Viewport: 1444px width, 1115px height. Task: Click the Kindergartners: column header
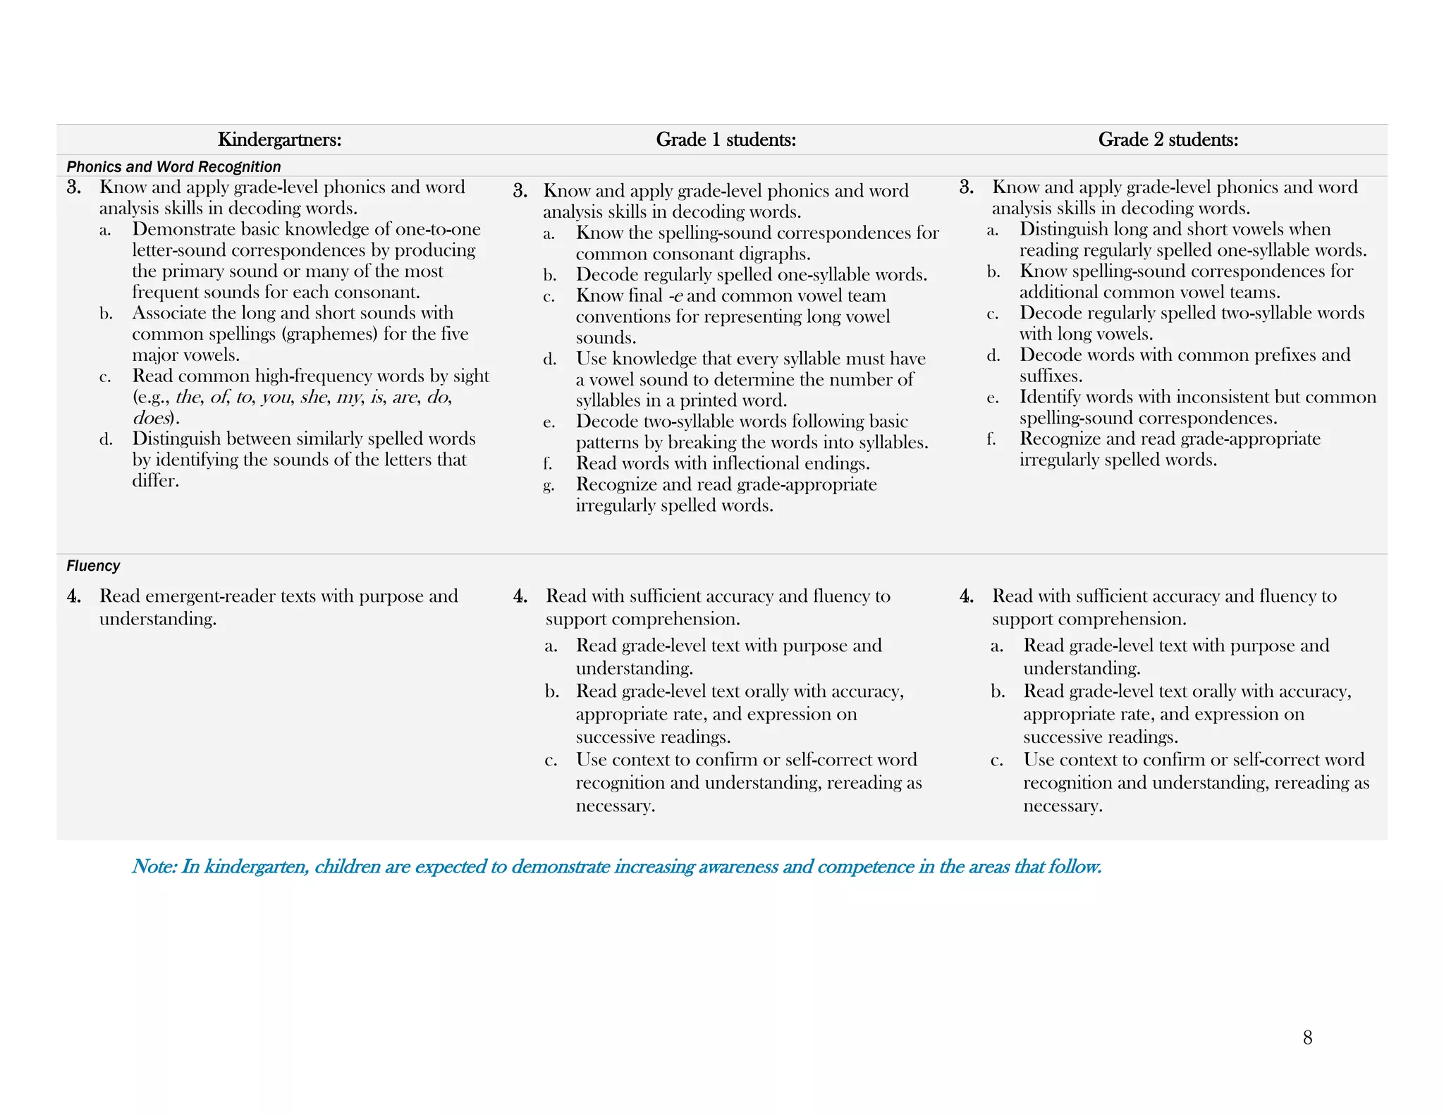tap(279, 140)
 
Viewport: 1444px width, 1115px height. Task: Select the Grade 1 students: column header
tap(726, 140)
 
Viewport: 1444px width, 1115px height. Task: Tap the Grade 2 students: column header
tap(1168, 140)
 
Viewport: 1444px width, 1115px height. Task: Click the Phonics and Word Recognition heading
tap(173, 167)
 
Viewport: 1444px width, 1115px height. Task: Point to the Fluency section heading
tap(93, 566)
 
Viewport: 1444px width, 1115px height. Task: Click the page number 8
tap(1307, 1037)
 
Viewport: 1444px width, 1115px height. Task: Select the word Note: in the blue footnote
tap(154, 866)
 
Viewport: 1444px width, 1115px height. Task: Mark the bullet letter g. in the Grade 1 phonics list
tap(549, 486)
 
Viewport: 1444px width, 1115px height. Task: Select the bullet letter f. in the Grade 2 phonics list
tap(991, 440)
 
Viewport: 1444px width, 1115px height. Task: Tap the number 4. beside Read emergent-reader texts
tap(74, 596)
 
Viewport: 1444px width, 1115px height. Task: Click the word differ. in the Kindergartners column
tap(155, 481)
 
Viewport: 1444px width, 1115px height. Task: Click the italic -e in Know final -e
tap(675, 296)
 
